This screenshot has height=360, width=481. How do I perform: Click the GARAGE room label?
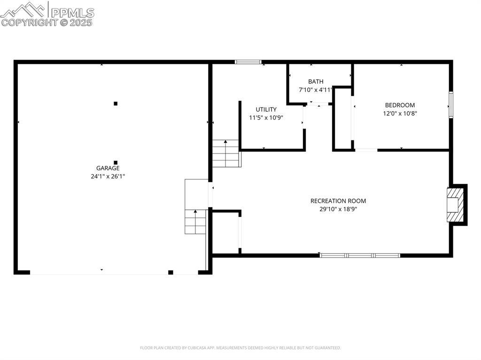point(108,168)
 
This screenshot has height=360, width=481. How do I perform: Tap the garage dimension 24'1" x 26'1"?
point(108,176)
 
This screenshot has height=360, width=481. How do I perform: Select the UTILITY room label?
point(266,109)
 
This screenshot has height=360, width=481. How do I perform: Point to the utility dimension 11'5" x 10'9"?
point(266,118)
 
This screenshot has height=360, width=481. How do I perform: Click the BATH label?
point(316,82)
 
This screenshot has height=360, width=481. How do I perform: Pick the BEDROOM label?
point(400,105)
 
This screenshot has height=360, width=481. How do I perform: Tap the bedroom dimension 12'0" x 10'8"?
point(400,114)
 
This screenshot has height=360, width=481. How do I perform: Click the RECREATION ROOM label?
point(338,201)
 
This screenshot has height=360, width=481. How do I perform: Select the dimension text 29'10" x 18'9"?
point(338,209)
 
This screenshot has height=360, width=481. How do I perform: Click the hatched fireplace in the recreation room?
point(455,205)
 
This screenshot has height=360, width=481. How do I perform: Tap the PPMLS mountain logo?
point(23,10)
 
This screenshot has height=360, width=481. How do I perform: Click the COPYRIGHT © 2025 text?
point(47,23)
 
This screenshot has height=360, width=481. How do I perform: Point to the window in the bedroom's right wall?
point(450,105)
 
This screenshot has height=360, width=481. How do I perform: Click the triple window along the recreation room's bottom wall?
point(360,255)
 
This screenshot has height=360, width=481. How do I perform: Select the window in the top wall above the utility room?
point(248,62)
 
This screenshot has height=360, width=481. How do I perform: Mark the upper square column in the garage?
point(116,104)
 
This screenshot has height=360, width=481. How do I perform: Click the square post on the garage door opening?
point(171,272)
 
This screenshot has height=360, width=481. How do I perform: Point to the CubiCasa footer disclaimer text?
point(240,348)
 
